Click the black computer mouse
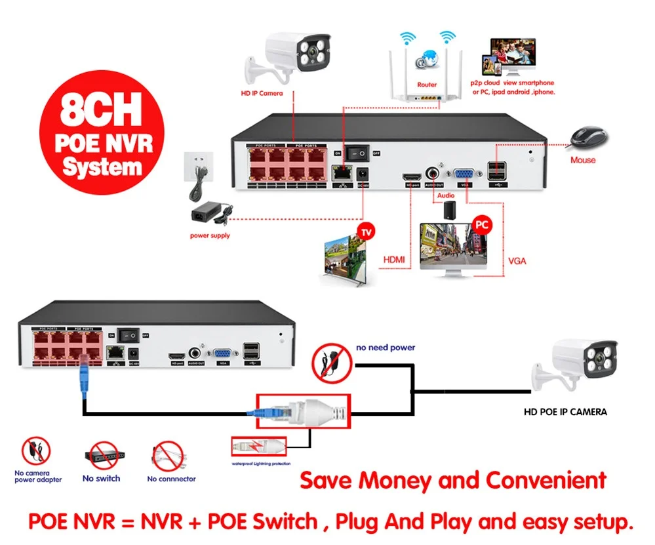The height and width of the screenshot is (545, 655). click(586, 138)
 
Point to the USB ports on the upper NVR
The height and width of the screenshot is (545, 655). click(496, 172)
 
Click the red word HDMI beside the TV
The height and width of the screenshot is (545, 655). click(394, 260)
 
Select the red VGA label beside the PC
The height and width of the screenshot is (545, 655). click(517, 260)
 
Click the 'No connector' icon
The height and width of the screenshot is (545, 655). click(169, 455)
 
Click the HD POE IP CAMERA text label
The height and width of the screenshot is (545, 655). click(565, 412)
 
